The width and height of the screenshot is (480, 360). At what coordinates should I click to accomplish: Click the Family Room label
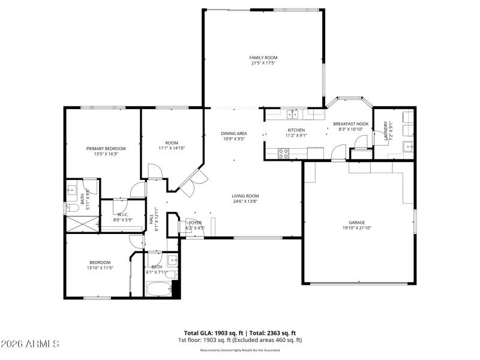pos(263,58)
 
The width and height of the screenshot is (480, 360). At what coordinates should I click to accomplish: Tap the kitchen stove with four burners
pos(284,153)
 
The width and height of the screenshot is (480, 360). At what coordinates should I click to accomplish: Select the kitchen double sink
pos(292,113)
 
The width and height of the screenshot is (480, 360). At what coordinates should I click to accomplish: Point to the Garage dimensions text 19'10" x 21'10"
pos(356,228)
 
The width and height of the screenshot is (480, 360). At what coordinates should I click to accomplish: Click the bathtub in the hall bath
pos(158,289)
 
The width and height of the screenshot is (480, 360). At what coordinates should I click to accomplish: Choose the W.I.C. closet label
pos(122,214)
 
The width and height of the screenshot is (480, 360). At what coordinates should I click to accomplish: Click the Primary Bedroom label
pos(106,148)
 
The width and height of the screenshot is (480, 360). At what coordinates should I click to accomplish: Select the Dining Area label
pos(234,133)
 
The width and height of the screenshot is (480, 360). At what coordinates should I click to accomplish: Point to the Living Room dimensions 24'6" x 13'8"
pos(245,202)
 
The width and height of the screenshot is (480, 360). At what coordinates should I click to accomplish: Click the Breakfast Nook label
pos(351,124)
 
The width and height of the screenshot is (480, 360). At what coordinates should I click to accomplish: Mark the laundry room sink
pos(409,145)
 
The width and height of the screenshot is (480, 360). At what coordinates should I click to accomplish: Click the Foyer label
pos(195,222)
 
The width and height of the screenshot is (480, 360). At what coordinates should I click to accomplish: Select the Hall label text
pos(151,220)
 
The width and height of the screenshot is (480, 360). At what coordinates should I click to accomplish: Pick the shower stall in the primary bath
pos(81,224)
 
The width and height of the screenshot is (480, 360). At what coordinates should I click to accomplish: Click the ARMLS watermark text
pos(30,344)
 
